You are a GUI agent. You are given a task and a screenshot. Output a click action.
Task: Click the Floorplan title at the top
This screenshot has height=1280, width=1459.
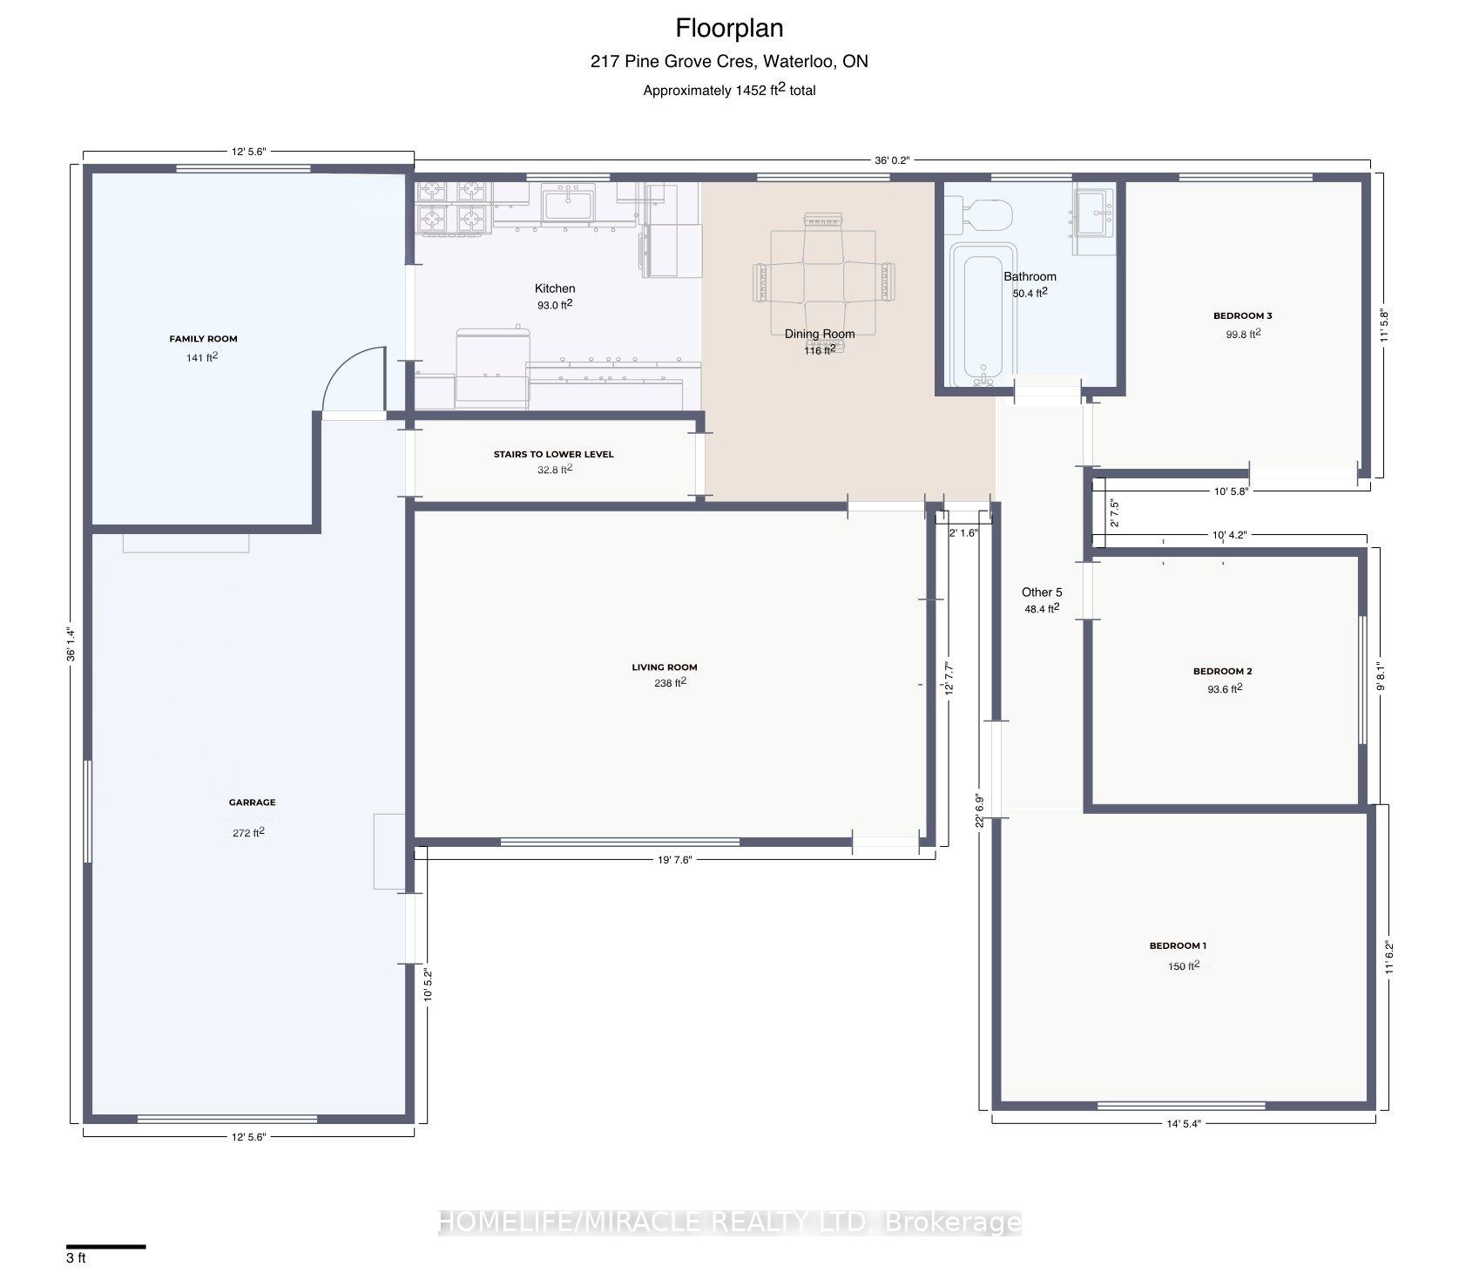(730, 29)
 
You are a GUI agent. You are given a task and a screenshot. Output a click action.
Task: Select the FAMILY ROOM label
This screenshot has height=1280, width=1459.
(203, 339)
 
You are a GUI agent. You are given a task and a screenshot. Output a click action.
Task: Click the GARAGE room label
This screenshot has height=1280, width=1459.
(253, 803)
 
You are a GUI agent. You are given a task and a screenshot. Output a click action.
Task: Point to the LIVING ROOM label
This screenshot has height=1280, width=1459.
(665, 667)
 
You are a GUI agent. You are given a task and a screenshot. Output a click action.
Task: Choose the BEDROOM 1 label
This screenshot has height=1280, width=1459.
(1178, 945)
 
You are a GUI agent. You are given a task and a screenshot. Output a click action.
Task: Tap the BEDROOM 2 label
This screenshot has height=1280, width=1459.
(1222, 671)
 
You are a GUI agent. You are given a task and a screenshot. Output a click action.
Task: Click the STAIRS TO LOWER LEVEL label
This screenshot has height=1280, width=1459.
(554, 454)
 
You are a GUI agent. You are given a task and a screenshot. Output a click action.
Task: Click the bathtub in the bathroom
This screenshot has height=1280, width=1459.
(982, 317)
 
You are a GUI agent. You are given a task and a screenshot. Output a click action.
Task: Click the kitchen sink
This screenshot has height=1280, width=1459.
(568, 204)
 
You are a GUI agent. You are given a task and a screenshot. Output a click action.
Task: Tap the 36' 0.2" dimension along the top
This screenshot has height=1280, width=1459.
(892, 160)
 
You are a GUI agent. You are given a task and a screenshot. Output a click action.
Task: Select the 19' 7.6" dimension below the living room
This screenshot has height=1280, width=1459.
(674, 860)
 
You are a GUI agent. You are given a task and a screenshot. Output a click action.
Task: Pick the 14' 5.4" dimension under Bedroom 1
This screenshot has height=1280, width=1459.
(1184, 1124)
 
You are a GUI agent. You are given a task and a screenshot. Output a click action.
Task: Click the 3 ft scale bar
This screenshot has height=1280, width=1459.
(105, 1247)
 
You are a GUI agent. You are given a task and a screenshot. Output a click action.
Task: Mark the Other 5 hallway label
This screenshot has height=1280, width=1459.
(1042, 593)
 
